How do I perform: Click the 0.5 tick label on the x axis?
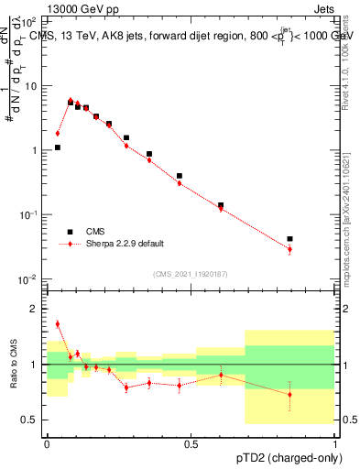click(x=191, y=442)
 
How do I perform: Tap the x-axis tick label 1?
click(x=335, y=442)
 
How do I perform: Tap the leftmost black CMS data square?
click(x=57, y=147)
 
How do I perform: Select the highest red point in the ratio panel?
click(x=57, y=323)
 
